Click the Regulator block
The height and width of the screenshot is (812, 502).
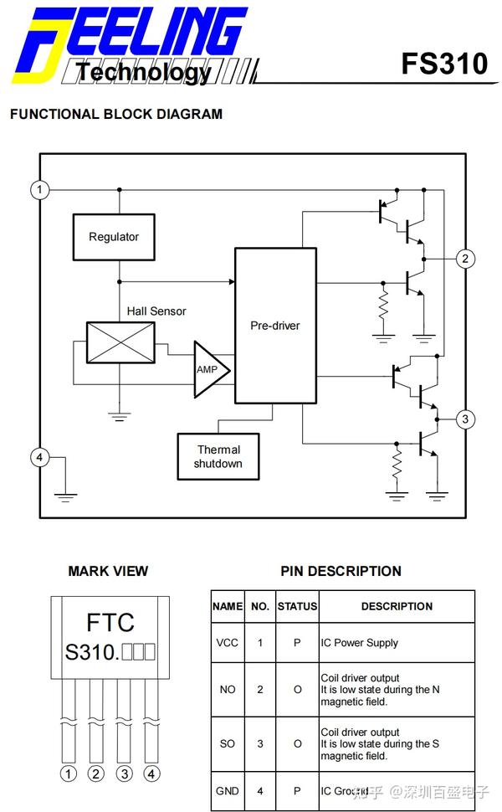[x=114, y=237]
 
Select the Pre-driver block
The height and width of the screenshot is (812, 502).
[x=275, y=325]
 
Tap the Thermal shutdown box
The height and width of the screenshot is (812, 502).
[x=218, y=456]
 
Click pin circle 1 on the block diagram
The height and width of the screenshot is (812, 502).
[x=40, y=190]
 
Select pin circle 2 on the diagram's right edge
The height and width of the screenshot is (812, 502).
[x=465, y=259]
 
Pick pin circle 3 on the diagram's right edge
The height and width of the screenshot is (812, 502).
[x=465, y=419]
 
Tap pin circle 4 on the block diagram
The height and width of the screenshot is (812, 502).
[x=40, y=457]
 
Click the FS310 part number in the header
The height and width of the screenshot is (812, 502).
[x=443, y=64]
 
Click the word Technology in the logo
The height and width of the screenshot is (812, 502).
[x=144, y=73]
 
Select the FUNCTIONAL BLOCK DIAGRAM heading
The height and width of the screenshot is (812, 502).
[x=116, y=114]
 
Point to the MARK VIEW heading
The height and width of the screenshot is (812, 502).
[x=108, y=571]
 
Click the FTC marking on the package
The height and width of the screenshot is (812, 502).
[x=110, y=623]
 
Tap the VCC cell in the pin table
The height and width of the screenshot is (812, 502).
[x=227, y=643]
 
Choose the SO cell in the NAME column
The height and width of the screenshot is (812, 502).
[x=227, y=743]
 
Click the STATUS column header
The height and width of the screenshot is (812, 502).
[x=297, y=606]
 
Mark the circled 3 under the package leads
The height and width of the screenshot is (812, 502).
[x=124, y=773]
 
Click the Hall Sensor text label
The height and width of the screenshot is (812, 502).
[x=156, y=311]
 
